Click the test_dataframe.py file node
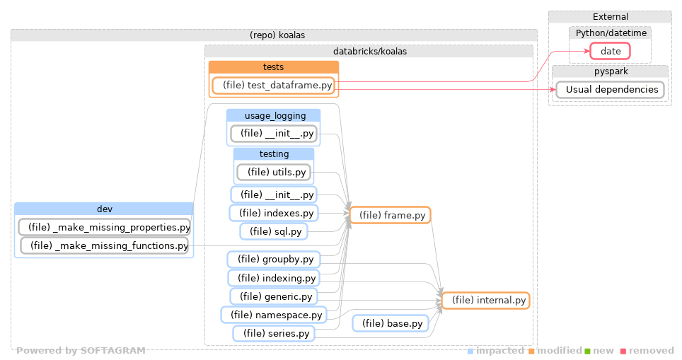click(273, 86)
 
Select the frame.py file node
click(390, 215)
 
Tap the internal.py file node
click(485, 301)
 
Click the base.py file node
click(391, 323)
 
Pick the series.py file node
click(274, 333)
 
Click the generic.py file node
click(274, 296)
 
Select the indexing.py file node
click(273, 278)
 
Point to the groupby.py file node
click(273, 260)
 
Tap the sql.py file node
click(274, 231)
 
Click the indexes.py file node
click(273, 213)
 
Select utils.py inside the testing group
click(273, 172)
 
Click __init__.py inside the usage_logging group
click(273, 133)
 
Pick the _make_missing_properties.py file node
click(105, 227)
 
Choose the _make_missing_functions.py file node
click(105, 245)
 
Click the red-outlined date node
click(610, 51)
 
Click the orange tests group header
click(273, 67)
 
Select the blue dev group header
click(104, 209)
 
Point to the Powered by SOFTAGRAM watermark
click(81, 351)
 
